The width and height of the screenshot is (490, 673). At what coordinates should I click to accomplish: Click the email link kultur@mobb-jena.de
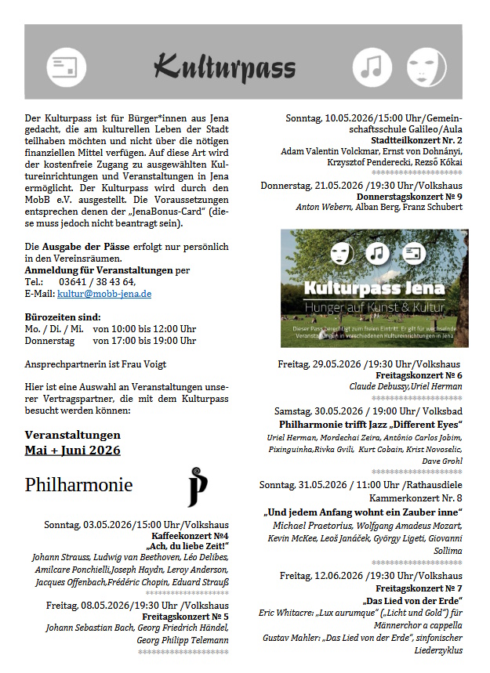[x=104, y=294]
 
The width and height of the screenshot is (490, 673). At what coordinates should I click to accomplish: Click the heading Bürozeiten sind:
[x=62, y=317]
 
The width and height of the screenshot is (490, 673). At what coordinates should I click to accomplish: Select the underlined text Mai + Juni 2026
[x=73, y=450]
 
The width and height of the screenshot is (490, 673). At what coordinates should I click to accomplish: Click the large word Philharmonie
[x=78, y=485]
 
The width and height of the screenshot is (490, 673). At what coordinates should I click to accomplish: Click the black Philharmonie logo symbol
[x=198, y=486]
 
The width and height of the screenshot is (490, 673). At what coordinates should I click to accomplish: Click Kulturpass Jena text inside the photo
[x=375, y=288]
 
